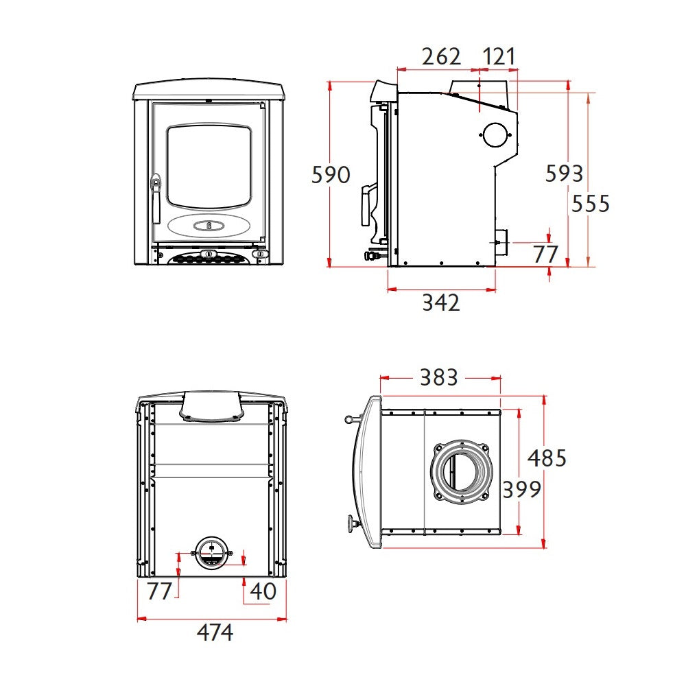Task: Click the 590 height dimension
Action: pos(331,174)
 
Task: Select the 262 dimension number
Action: pos(441,56)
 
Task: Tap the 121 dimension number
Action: pos(499,56)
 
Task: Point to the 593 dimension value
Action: pos(565,174)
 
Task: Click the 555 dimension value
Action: pos(591,204)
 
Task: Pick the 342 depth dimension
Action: pos(441,303)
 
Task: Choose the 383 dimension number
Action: pos(439,377)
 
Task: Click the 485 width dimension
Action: pos(547,458)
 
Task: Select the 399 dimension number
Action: pos(521,489)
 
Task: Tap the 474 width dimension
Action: pos(215,632)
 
